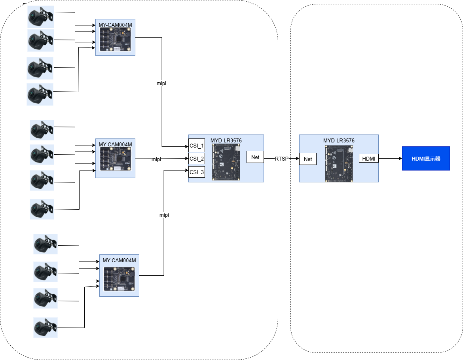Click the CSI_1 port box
197,146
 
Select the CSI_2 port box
197,159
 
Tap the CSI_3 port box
197,172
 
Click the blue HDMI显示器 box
426,158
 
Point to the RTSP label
282,159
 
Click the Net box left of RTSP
255,157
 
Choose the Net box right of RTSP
308,159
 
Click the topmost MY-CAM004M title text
115,25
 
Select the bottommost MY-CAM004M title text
119,260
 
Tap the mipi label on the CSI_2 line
156,159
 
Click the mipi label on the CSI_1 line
161,83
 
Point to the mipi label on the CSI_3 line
164,215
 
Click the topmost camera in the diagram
40,17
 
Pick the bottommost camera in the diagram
45,327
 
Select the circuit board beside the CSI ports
226,162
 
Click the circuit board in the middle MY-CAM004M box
115,159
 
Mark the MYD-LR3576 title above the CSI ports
226,140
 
